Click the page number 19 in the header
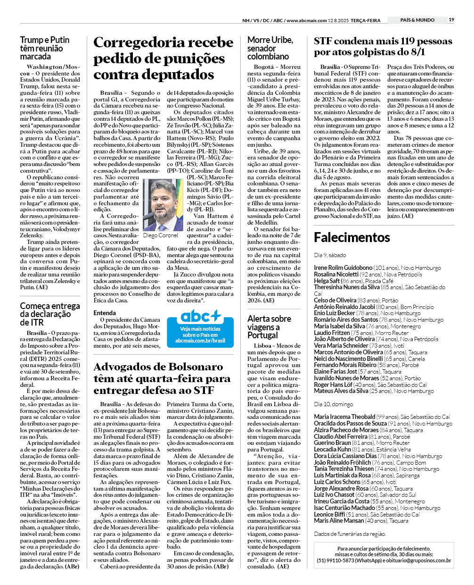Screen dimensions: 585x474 [x=451, y=20]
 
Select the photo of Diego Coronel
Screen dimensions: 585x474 [x=163, y=205]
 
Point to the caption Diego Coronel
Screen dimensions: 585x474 [x=160, y=235]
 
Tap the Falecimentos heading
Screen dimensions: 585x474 [x=352, y=237]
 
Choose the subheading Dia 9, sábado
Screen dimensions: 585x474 [x=330, y=255]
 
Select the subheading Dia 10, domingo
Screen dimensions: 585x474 [x=333, y=404]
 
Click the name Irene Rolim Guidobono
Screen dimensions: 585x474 [x=343, y=267]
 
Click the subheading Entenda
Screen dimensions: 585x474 [x=105, y=313]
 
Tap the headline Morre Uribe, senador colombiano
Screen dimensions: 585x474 [x=270, y=48]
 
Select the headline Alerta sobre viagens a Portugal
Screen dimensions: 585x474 [x=269, y=327]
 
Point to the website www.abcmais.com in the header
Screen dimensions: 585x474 [x=306, y=20]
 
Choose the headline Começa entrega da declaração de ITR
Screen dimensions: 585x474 [x=50, y=314]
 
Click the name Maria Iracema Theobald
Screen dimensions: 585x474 [x=344, y=417]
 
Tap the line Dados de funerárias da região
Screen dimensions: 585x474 [x=350, y=534]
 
